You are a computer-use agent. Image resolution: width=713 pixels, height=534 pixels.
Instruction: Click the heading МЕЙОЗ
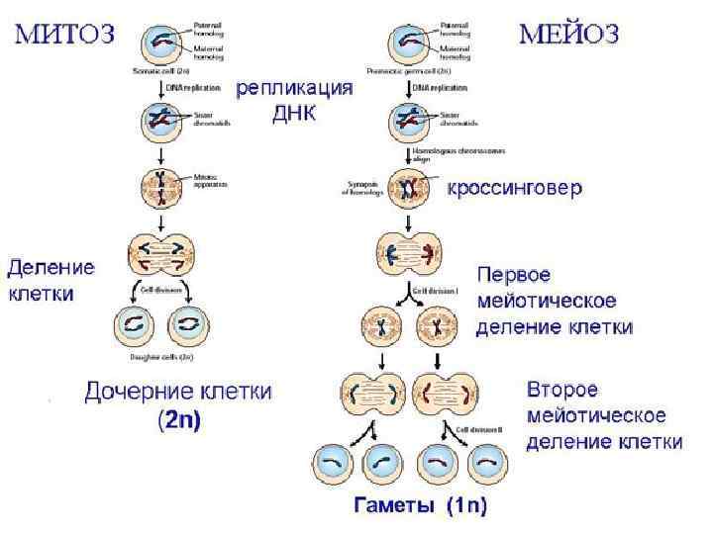[x=570, y=35]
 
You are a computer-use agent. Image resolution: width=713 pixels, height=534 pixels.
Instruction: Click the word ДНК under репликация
[x=294, y=113]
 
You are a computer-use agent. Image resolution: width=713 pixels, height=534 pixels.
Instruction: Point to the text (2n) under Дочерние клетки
[x=179, y=420]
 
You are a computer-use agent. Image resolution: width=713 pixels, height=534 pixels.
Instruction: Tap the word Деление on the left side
[x=51, y=267]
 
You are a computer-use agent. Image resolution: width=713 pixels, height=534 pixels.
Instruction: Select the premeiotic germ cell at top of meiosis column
[x=409, y=44]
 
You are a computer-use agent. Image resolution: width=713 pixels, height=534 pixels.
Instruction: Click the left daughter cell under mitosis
[x=134, y=324]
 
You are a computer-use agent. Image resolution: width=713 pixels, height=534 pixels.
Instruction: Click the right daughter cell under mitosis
[x=186, y=324]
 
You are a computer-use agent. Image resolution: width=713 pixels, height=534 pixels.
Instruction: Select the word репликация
[x=294, y=88]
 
